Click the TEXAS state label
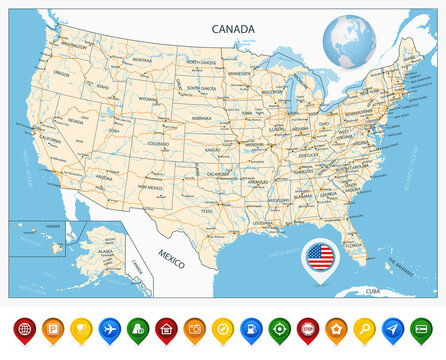pos(207,211)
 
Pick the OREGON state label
pos(61,73)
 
